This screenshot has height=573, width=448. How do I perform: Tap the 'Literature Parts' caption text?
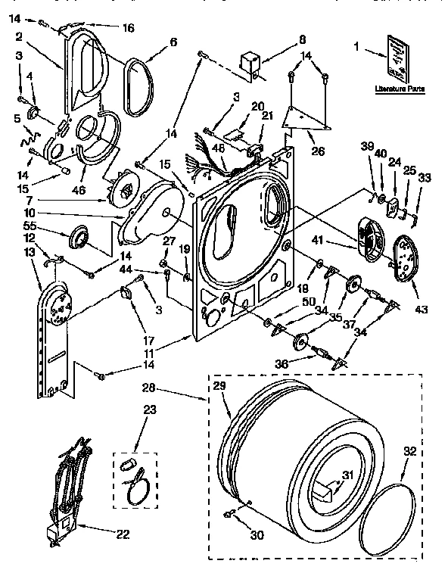(398, 89)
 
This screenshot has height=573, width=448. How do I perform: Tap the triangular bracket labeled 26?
(306, 117)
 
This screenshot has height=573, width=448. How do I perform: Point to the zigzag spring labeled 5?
(28, 136)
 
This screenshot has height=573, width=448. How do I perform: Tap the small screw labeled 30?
(226, 515)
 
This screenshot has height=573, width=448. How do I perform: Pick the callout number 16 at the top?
(128, 28)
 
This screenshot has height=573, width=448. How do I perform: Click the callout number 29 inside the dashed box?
(219, 386)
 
